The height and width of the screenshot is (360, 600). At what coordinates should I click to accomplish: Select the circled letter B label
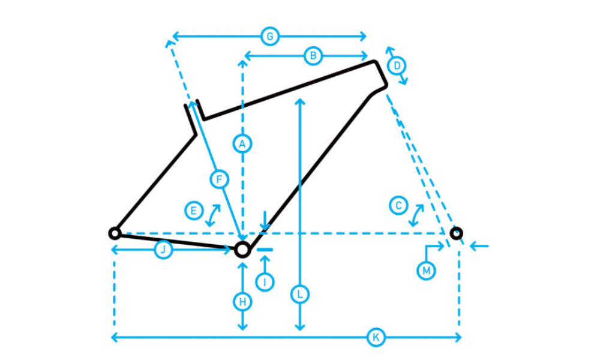pos(313,56)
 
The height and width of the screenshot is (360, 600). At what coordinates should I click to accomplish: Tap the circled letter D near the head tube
pos(396,65)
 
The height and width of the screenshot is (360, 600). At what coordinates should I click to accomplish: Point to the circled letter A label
pos(242,143)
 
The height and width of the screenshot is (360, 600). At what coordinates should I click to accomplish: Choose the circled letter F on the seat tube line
pos(219,179)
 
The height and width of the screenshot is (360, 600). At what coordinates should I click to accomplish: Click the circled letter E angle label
pos(193,211)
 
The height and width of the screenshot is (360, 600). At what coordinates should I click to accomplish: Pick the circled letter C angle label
pos(397,205)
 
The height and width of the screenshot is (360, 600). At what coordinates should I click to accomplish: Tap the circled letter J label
pos(163,250)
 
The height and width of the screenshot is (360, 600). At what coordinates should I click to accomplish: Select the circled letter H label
pos(242,302)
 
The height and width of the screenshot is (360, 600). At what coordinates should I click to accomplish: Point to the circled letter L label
pos(300,295)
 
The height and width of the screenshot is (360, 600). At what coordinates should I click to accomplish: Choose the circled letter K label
pos(376,338)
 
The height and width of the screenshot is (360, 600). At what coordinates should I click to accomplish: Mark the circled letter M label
pos(426,271)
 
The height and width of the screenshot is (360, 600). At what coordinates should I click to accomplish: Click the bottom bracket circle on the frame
pos(242,249)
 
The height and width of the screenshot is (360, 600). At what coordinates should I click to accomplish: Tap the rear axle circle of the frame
pos(114,233)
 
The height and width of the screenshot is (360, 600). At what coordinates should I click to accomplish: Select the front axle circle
pos(456,233)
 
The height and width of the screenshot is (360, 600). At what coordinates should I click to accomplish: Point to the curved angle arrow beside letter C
pos(416,215)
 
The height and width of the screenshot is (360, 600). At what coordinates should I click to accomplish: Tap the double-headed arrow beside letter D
pos(397,65)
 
